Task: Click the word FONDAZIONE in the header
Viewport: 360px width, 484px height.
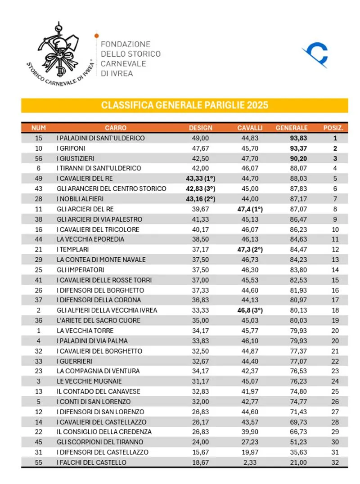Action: [126, 44]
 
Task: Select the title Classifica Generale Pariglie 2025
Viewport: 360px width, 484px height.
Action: [184, 105]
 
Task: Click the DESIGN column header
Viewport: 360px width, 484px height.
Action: [200, 128]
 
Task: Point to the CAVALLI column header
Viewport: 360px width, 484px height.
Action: [250, 128]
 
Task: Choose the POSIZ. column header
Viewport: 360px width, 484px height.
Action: [333, 128]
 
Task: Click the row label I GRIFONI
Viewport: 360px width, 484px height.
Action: [71, 148]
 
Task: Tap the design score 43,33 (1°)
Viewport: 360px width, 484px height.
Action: [200, 179]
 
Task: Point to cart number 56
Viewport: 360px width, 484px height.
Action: [39, 158]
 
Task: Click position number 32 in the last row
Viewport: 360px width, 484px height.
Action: [334, 462]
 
